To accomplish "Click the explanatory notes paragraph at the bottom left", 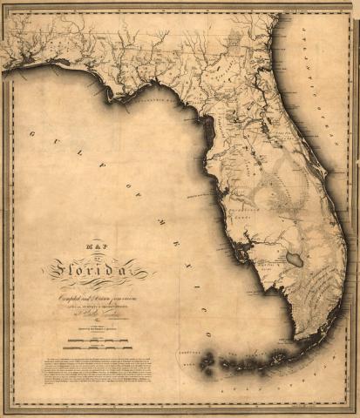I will pos(97,368).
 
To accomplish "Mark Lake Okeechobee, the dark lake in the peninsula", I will pos(295,259).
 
